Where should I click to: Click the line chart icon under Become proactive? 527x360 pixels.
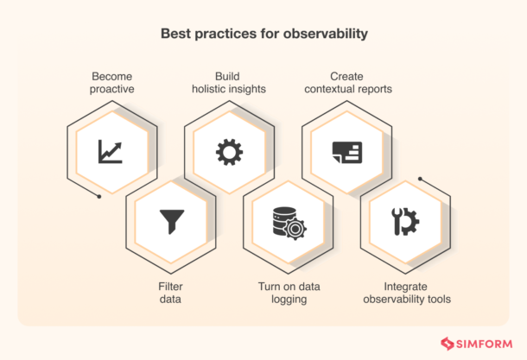[x=110, y=152]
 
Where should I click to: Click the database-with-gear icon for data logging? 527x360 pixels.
[x=288, y=222]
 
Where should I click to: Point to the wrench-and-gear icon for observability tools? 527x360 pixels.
[x=405, y=222]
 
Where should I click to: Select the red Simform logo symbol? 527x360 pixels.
[x=448, y=344]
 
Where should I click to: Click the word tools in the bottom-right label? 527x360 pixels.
[x=436, y=300]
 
